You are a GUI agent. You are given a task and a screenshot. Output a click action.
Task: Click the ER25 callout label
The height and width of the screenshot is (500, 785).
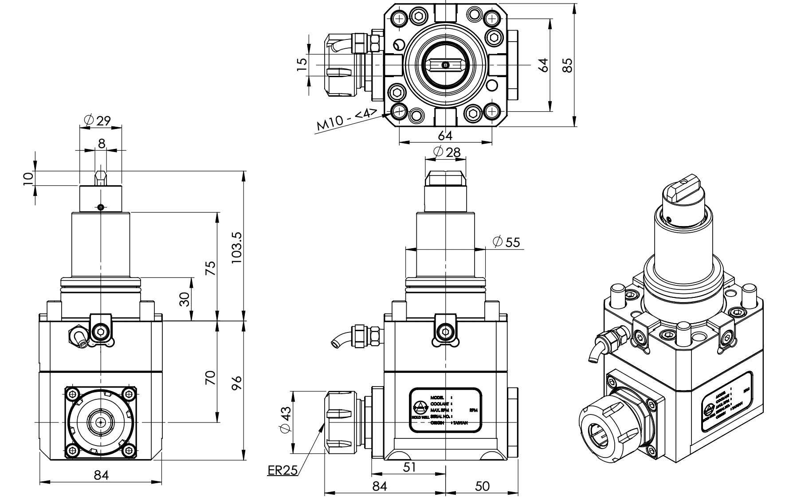pos(283,470)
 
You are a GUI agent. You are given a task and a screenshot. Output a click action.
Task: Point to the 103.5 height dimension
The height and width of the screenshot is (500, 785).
pos(237,248)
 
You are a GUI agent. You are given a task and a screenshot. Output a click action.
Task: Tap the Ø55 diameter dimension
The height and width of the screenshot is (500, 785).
pos(506,242)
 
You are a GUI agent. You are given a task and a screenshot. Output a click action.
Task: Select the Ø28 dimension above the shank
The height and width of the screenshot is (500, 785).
pos(447,152)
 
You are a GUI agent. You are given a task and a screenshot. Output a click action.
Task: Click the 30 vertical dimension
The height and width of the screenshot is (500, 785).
pos(184,299)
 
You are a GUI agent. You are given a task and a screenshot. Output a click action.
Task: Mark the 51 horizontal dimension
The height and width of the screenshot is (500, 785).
pos(410,467)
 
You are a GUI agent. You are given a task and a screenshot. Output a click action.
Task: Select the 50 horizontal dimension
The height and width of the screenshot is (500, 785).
pos(482,486)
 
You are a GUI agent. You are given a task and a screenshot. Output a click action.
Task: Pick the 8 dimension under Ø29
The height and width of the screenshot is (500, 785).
pos(102,144)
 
